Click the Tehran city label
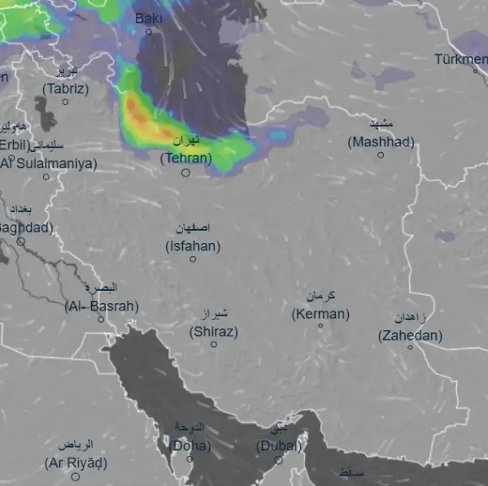click(186, 158)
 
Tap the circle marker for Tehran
click(185, 172)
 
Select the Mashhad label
click(381, 141)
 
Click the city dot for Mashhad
click(380, 154)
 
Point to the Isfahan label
click(193, 245)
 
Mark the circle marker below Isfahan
click(193, 259)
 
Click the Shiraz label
click(214, 332)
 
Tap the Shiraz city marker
click(214, 345)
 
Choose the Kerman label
click(320, 314)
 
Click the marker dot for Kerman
click(320, 326)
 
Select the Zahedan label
click(411, 335)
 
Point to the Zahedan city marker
click(410, 347)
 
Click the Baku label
click(148, 18)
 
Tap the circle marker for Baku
click(149, 32)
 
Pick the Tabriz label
click(66, 89)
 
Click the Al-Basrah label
click(102, 306)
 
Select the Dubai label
click(279, 445)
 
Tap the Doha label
click(190, 445)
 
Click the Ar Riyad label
click(76, 463)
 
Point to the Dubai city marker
click(279, 460)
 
